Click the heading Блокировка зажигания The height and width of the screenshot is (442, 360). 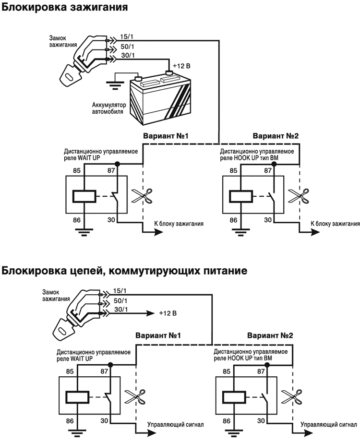tap(65, 8)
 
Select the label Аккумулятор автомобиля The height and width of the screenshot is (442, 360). tap(108, 108)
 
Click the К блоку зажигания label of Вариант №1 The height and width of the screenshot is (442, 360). tap(179, 223)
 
